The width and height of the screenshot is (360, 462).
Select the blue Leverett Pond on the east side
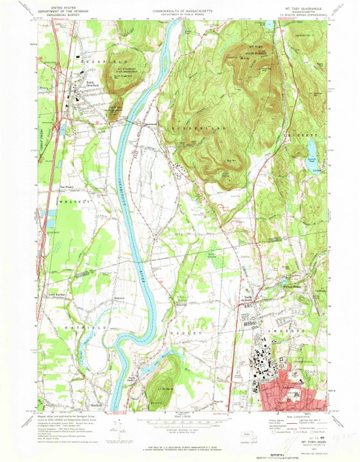pyautogui.click(x=312, y=150)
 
